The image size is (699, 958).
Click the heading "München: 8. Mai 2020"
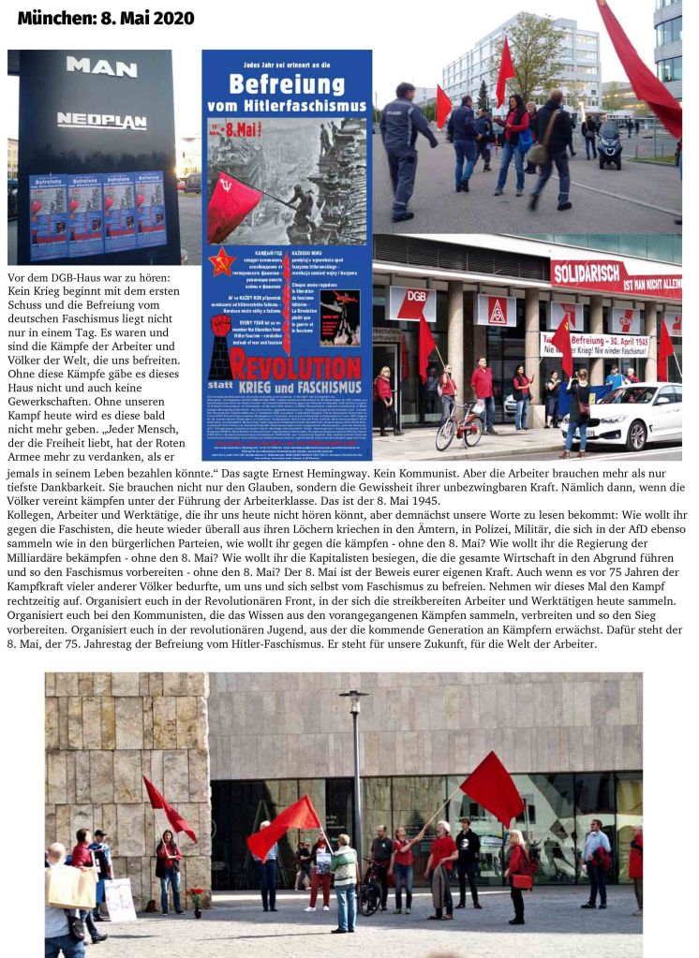(x=105, y=19)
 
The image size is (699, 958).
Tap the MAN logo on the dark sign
(x=101, y=67)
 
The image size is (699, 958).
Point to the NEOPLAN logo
(x=101, y=120)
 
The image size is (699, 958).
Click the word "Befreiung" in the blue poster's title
(x=286, y=87)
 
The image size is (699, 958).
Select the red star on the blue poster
(x=221, y=262)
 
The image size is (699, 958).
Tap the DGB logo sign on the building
(x=412, y=304)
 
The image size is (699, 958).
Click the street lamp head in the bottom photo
(x=354, y=695)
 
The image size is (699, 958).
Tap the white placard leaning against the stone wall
(x=119, y=900)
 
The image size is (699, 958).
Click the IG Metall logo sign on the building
(x=496, y=310)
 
